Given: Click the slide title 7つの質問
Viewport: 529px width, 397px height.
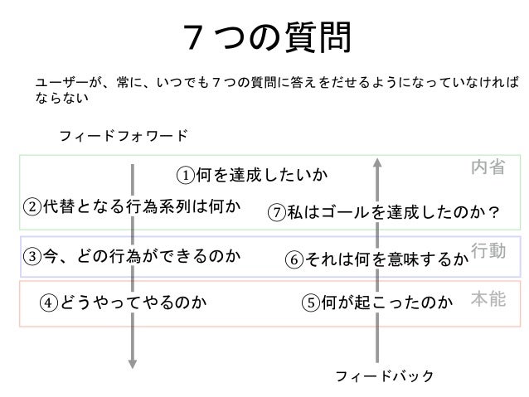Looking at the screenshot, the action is (x=265, y=36).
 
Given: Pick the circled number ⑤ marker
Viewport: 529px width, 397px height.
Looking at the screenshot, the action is (x=312, y=303).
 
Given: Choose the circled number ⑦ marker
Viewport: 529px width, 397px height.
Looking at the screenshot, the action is (x=278, y=214).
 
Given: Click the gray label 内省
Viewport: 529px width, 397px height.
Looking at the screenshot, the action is (x=488, y=167).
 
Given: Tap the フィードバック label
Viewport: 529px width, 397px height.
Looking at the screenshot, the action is (x=384, y=376).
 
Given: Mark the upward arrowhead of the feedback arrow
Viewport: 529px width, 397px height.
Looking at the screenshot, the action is (x=377, y=162).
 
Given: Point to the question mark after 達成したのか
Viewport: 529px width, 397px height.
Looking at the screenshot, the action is (x=493, y=214).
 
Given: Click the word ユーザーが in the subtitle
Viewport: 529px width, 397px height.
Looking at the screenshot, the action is (x=62, y=83).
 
